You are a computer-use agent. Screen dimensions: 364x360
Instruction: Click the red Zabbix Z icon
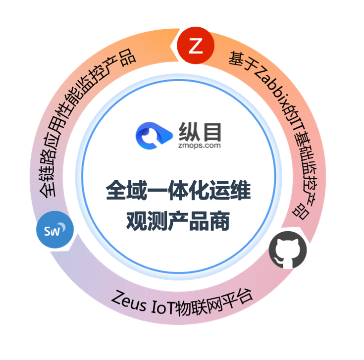click(x=196, y=46)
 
